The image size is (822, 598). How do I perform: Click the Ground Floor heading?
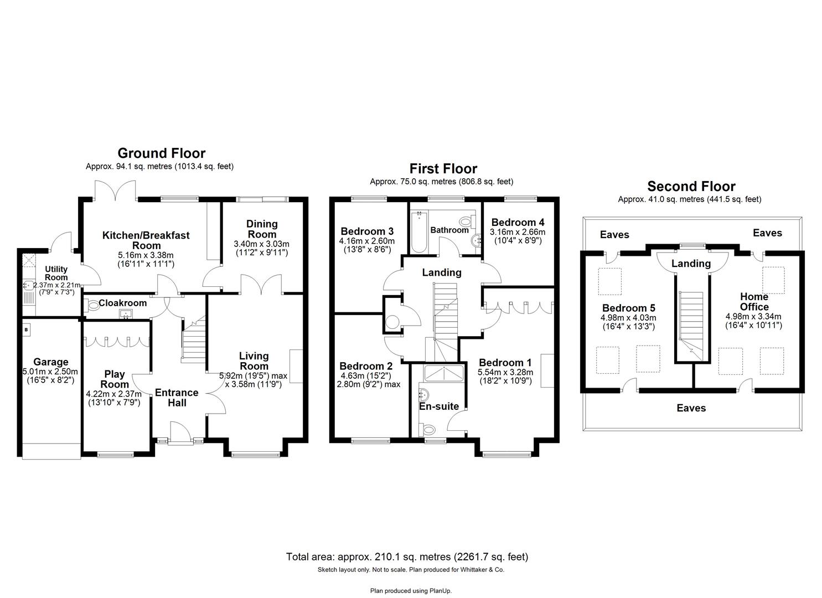[x=161, y=153]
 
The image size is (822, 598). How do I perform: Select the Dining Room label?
[x=262, y=229]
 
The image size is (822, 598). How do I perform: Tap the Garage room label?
[x=50, y=362]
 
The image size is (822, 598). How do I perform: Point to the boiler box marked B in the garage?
[x=26, y=330]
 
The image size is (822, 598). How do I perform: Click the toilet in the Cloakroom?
[x=91, y=303]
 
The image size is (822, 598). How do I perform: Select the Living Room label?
[x=254, y=361]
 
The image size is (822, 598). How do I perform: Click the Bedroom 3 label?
[x=367, y=231]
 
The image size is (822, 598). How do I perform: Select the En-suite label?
[x=438, y=406]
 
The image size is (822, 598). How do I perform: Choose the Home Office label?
[x=754, y=302]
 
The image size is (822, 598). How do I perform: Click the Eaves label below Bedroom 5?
[x=691, y=408]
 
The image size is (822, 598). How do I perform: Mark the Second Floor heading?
[x=691, y=187]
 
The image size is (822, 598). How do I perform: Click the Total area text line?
[x=407, y=556]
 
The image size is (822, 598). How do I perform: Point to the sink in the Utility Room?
[x=28, y=286]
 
